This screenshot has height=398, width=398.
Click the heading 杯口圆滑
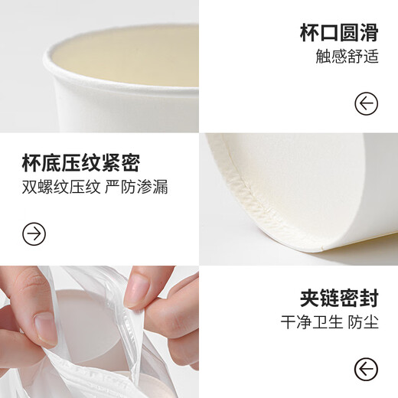pos(338,33)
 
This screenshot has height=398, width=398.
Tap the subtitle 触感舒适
pos(347,57)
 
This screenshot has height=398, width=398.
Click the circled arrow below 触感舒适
pos(366,103)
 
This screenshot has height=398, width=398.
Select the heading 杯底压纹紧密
pos(81,163)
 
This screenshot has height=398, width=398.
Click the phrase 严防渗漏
pos(137,188)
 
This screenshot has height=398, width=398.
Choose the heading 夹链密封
pos(338,298)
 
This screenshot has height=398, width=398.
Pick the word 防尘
pos(364,323)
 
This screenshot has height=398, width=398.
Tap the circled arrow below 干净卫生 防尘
pos(366,369)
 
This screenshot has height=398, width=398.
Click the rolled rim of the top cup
pos(115,57)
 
